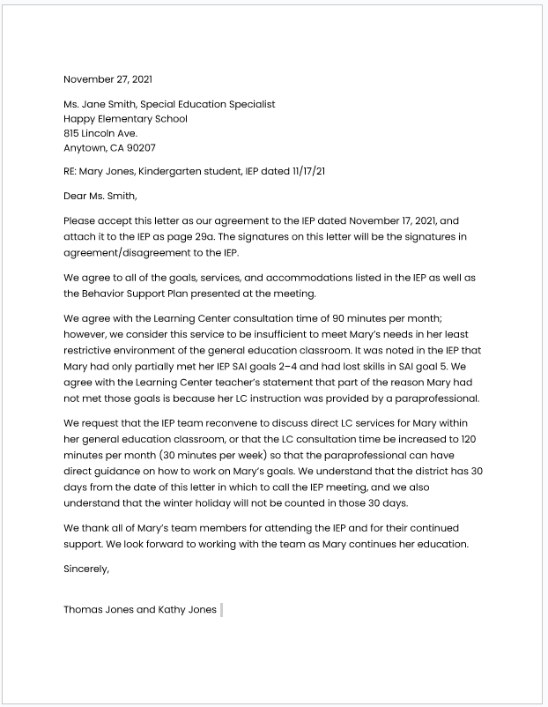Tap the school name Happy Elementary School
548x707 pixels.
(x=125, y=119)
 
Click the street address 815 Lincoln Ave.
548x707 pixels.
(x=100, y=133)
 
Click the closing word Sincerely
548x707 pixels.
(x=86, y=569)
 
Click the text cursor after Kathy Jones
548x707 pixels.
(x=221, y=609)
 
